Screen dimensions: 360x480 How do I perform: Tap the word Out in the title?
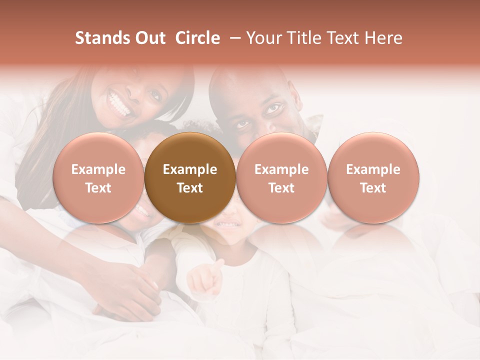point(149,38)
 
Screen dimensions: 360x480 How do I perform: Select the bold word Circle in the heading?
point(197,38)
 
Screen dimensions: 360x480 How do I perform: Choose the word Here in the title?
point(383,38)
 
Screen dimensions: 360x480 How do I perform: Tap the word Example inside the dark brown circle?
point(190,169)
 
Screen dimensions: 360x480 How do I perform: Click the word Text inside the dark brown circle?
point(190,188)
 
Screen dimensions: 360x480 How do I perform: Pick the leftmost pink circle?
point(98,177)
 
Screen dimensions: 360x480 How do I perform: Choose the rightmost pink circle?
point(373,177)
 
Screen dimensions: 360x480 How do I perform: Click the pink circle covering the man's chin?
point(281,177)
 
